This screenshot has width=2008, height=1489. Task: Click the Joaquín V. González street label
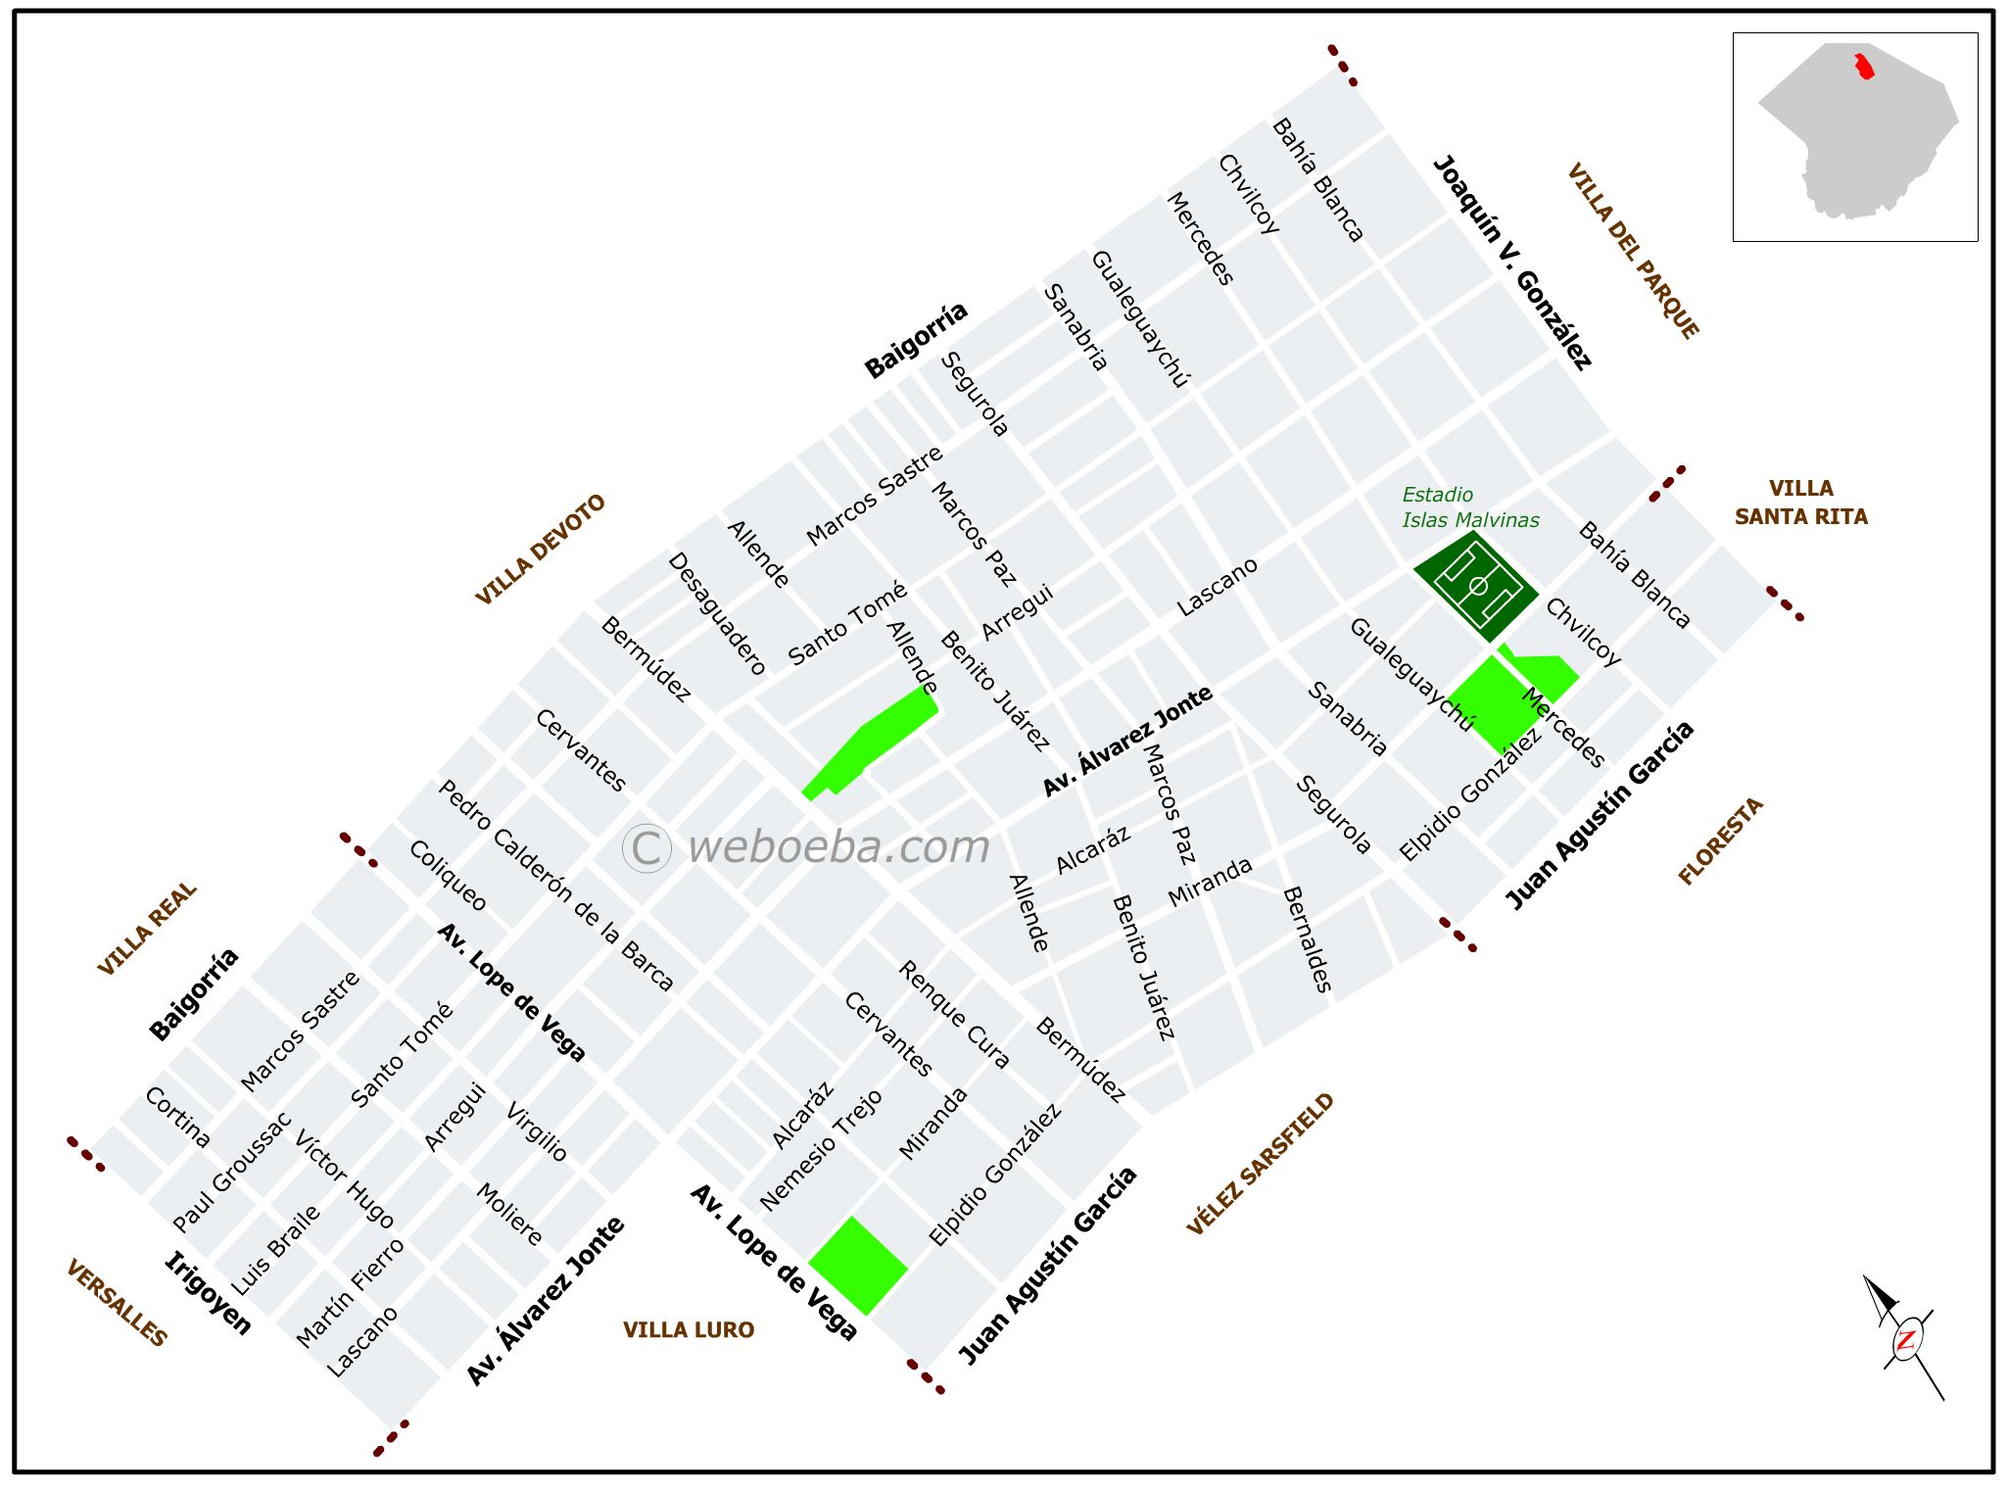point(1511,263)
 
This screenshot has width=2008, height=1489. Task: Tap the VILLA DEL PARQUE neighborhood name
point(1633,252)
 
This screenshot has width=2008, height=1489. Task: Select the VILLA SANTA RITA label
point(1800,503)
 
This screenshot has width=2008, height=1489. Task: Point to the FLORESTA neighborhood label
point(1720,841)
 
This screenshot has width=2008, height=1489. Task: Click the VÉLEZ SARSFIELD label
point(1260,1164)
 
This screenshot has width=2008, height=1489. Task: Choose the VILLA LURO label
point(689,1329)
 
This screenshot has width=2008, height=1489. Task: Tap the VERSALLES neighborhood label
point(117,1302)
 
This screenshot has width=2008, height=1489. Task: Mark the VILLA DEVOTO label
point(541,550)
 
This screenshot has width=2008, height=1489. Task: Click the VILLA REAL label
point(147,929)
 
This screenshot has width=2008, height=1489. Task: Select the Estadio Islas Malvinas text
point(1469,507)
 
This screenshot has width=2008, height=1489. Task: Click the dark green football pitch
point(1476,587)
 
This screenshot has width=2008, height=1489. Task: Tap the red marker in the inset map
point(1863,67)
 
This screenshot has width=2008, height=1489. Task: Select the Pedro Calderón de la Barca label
point(555,885)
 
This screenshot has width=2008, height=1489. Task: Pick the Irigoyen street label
point(208,1293)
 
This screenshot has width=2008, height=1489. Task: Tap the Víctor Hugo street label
point(344,1179)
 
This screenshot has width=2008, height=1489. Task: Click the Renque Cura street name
point(953,1014)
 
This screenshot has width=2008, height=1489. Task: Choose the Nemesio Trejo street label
point(821,1150)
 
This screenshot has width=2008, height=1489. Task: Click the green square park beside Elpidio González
point(858,1266)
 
